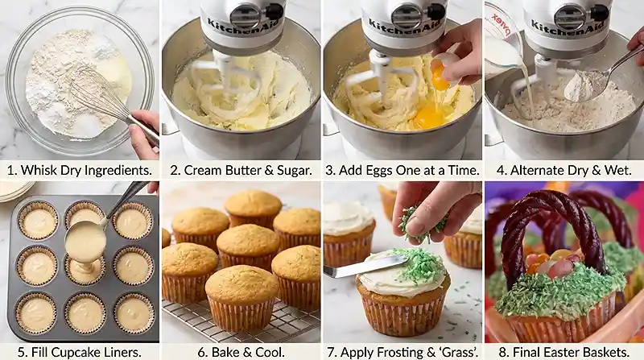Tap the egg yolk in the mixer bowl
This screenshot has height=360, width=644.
pos(428,117)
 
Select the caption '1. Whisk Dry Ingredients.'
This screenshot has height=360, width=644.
pos(80,171)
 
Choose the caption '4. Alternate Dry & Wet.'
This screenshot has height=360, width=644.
pos(563,171)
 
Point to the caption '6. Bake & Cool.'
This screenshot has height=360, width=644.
pos(241,350)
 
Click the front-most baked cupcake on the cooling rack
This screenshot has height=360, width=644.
pos(240,298)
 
